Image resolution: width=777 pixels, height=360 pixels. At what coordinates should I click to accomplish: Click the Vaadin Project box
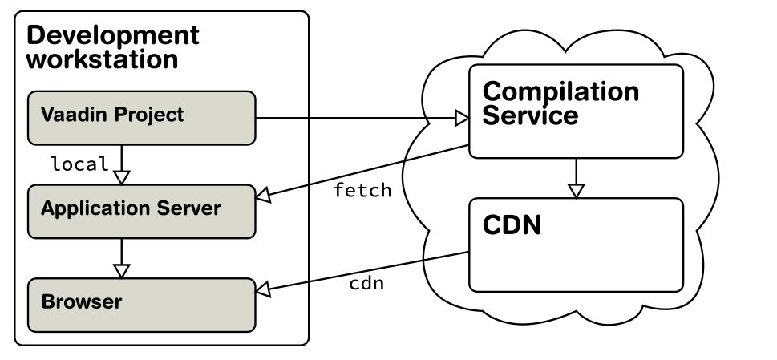pyautogui.click(x=142, y=118)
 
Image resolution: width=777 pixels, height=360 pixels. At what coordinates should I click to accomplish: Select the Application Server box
pyautogui.click(x=142, y=212)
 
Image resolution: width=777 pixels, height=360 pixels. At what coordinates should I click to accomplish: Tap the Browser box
pyautogui.click(x=142, y=305)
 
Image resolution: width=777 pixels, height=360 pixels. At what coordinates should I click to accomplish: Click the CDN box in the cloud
pyautogui.click(x=577, y=245)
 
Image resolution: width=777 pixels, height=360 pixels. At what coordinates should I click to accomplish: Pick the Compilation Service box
pyautogui.click(x=577, y=111)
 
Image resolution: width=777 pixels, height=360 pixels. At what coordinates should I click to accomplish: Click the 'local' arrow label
pyautogui.click(x=79, y=164)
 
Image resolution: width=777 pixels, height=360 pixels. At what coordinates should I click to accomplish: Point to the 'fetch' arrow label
pyautogui.click(x=362, y=190)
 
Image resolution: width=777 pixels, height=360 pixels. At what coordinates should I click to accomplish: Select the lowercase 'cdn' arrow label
pyautogui.click(x=366, y=284)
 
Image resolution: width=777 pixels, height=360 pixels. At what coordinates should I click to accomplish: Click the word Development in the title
pyautogui.click(x=113, y=36)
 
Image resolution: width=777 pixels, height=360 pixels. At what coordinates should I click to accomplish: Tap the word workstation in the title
pyautogui.click(x=102, y=59)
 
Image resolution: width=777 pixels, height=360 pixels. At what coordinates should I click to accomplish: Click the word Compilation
pyautogui.click(x=560, y=92)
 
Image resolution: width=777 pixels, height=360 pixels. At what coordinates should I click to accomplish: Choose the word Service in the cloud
pyautogui.click(x=530, y=115)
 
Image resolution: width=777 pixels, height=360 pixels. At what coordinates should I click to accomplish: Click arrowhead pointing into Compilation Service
pyautogui.click(x=462, y=119)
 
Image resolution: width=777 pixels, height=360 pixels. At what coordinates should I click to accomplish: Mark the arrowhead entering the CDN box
pyautogui.click(x=576, y=191)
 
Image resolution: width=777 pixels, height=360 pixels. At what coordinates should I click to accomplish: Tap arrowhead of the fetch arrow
pyautogui.click(x=263, y=196)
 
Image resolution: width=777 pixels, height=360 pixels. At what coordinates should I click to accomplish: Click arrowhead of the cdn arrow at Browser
pyautogui.click(x=263, y=290)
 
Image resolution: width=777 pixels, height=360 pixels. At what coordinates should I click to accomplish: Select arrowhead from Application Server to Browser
pyautogui.click(x=121, y=271)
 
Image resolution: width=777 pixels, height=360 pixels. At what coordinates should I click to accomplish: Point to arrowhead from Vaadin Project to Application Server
pyautogui.click(x=121, y=178)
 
